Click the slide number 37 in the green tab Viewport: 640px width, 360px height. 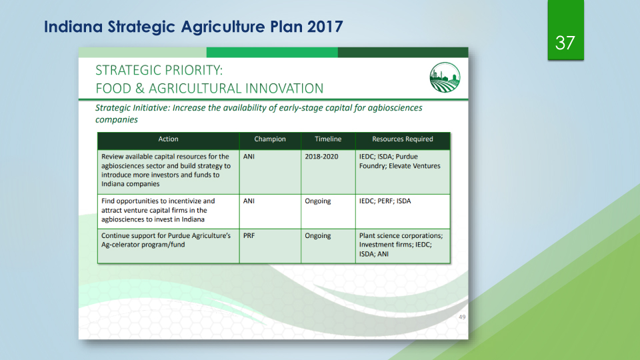coord(565,43)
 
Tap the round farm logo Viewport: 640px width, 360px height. coord(445,77)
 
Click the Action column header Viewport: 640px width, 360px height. coord(168,139)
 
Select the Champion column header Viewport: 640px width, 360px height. coord(270,139)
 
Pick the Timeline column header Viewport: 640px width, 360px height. coord(328,139)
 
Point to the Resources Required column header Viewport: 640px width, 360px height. coord(403,139)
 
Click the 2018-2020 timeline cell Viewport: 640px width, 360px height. coord(321,157)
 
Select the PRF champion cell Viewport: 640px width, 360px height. coord(249,235)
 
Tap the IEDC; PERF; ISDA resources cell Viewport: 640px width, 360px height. coord(385,201)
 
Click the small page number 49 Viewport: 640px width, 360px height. coord(462,317)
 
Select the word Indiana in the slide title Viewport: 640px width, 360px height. coord(73,27)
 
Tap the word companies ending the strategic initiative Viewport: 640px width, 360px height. coord(117,119)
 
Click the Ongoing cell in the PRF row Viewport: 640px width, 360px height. coord(318,236)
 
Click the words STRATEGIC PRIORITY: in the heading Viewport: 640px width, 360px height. coord(159,70)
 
